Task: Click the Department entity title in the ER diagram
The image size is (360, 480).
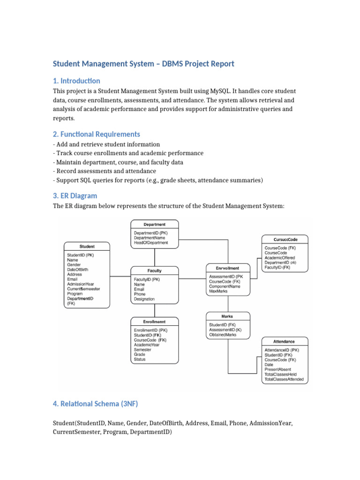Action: [154, 225]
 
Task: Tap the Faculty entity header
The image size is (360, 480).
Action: [154, 271]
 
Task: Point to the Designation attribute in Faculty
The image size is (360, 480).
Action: [144, 299]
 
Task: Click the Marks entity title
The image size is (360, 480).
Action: [227, 316]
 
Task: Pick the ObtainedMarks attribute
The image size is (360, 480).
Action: [223, 335]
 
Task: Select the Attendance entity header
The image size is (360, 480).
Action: [284, 341]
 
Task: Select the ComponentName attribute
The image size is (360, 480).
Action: [225, 286]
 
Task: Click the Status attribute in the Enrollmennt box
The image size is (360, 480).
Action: [140, 360]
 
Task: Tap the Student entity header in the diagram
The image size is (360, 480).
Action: [87, 246]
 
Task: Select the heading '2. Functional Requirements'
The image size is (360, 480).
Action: [96, 134]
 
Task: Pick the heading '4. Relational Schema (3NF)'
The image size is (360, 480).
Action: [95, 404]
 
